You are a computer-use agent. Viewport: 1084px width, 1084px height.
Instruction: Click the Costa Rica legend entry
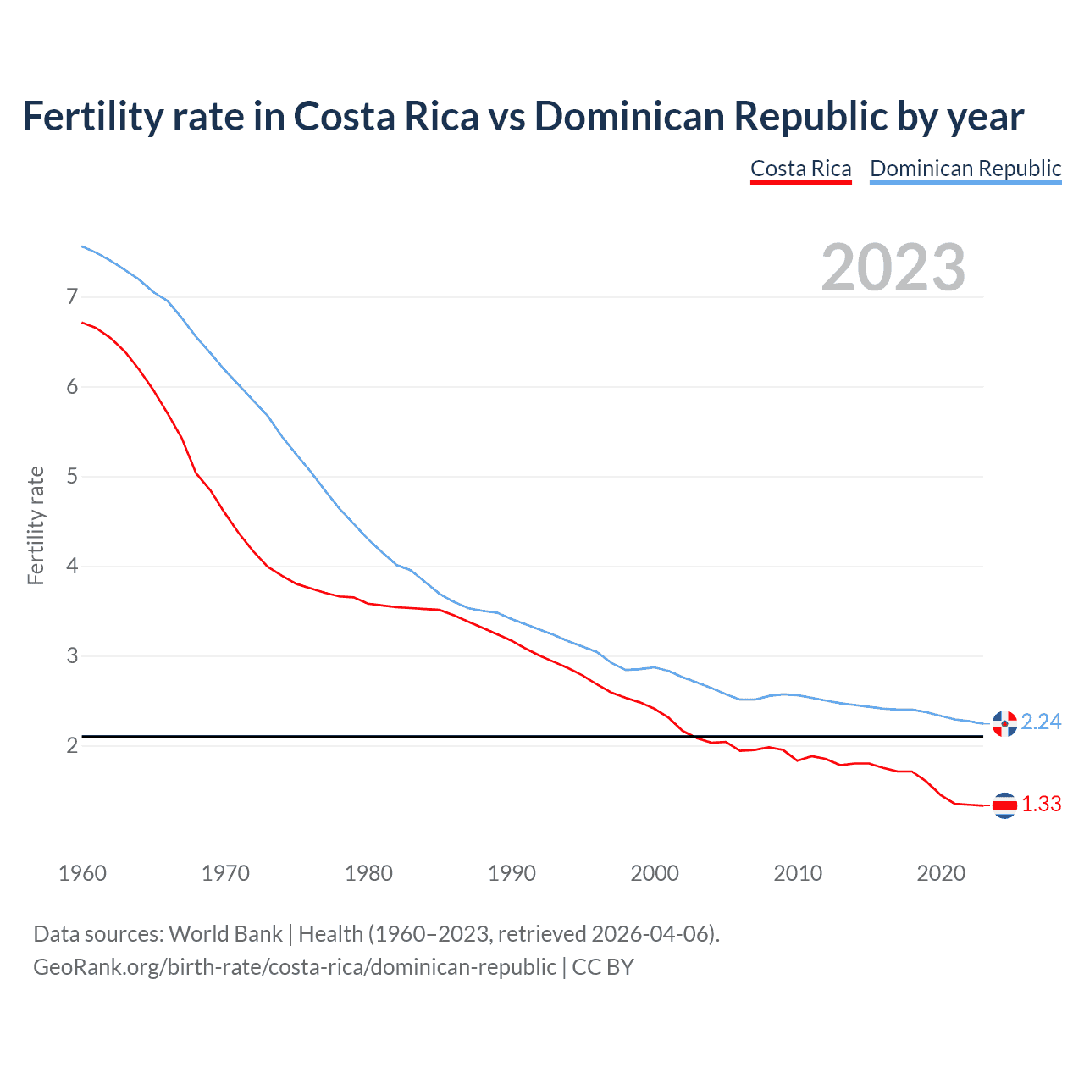(800, 169)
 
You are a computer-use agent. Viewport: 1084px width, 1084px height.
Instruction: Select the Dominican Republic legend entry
(965, 169)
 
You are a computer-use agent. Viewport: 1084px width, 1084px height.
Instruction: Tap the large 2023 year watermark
(893, 268)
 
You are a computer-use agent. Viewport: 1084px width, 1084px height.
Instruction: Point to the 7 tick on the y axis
(72, 297)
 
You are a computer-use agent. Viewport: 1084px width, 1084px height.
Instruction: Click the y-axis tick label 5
(72, 477)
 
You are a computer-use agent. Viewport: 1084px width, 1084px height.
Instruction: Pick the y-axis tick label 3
(72, 656)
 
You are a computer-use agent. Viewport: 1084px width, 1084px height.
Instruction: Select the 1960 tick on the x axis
(82, 873)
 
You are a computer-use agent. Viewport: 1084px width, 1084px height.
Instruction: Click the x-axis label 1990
(512, 873)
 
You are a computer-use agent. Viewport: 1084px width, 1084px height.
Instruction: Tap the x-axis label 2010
(798, 873)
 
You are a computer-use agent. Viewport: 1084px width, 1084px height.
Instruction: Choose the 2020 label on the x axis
(941, 873)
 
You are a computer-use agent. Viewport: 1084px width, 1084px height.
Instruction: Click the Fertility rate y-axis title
(36, 525)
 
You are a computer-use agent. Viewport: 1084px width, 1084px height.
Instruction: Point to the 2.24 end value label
(1041, 722)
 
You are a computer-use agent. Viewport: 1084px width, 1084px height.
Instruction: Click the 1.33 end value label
(1041, 805)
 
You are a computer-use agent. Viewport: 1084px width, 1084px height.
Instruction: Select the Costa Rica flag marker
(1004, 805)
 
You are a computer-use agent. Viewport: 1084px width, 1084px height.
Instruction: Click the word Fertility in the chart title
(91, 116)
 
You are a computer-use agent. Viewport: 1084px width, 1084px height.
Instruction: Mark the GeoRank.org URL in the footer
(294, 967)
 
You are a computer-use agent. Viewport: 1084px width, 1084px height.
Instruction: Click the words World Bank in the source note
(225, 934)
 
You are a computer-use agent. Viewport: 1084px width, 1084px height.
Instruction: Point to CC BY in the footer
(603, 967)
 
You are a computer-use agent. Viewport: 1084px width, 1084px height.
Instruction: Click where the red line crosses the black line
(691, 736)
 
